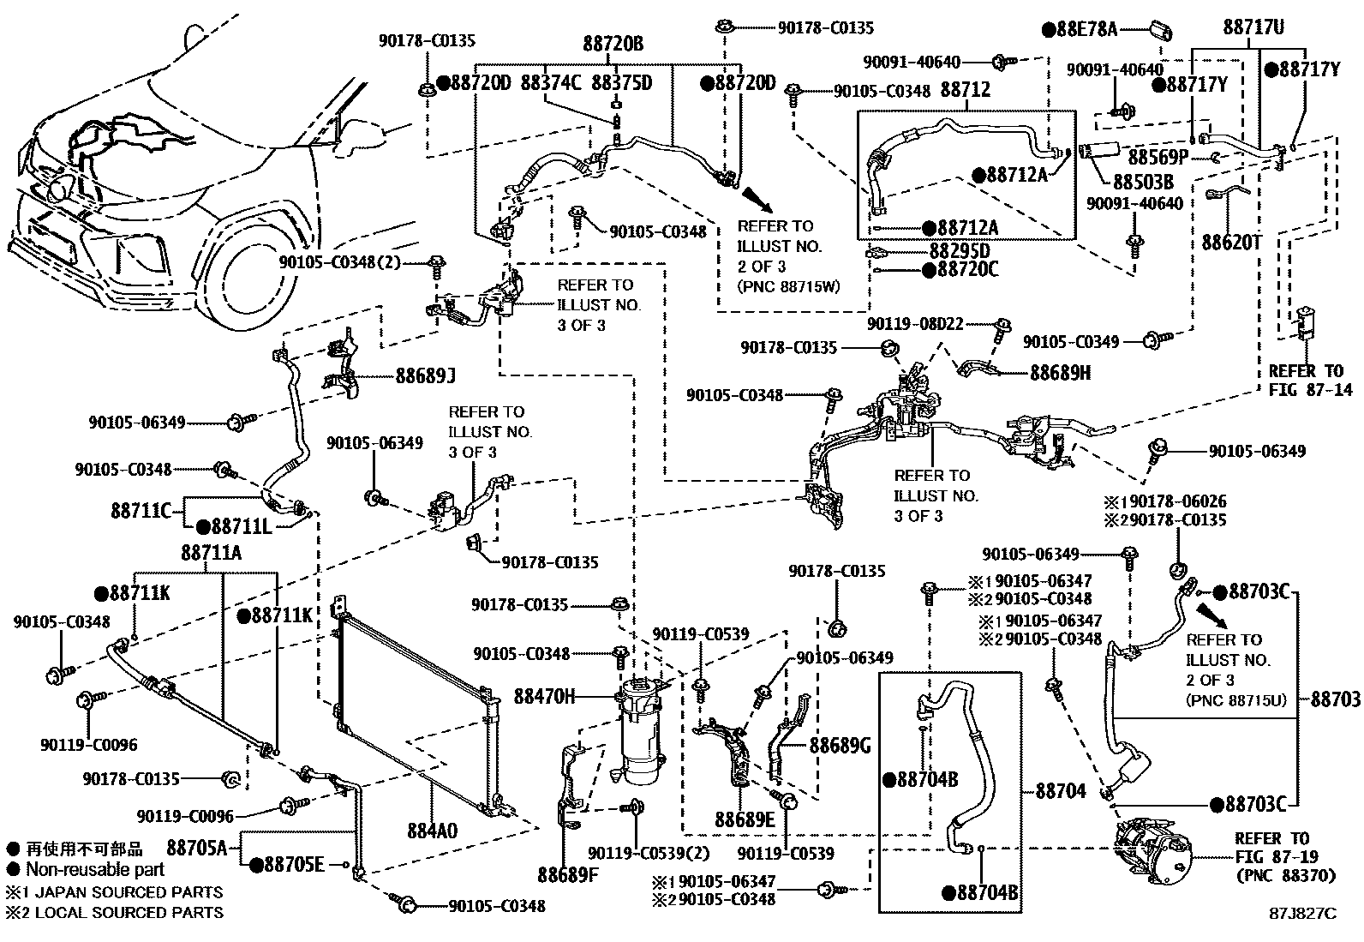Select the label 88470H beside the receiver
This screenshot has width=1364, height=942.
[x=545, y=696]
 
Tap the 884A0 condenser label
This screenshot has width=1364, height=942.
[x=432, y=831]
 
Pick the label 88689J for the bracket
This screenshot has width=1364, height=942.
[x=425, y=375]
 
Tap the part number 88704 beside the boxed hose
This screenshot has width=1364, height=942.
[x=1061, y=791]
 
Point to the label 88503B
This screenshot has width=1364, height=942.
[x=1143, y=182]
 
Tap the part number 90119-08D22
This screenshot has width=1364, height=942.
[x=915, y=324]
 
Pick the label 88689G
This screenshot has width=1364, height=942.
[x=840, y=746]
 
